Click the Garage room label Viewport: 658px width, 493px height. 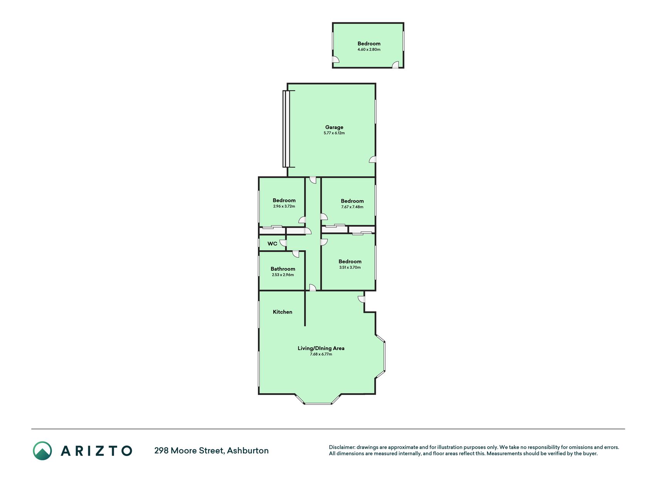click(334, 127)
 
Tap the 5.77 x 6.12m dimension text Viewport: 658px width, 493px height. click(334, 133)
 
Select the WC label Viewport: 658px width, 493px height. click(272, 244)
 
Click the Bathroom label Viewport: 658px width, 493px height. click(283, 269)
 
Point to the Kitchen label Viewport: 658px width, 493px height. click(282, 312)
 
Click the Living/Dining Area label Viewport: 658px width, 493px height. click(321, 348)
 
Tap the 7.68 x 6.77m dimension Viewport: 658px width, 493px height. click(321, 354)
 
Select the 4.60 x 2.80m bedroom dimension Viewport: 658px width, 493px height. click(369, 50)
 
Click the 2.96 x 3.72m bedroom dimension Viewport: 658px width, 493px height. click(284, 206)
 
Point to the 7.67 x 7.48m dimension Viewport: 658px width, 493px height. click(352, 207)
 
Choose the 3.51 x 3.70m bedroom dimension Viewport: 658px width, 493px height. click(350, 267)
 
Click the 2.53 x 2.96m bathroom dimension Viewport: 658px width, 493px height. click(283, 275)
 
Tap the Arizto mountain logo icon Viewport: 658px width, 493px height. click(42, 451)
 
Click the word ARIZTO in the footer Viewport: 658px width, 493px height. click(96, 451)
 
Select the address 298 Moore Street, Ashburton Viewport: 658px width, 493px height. click(211, 451)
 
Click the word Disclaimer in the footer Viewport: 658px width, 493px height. click(342, 447)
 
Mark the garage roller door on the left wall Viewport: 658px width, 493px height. click(286, 129)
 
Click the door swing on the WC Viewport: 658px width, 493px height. click(283, 243)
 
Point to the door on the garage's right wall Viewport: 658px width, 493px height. click(372, 159)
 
